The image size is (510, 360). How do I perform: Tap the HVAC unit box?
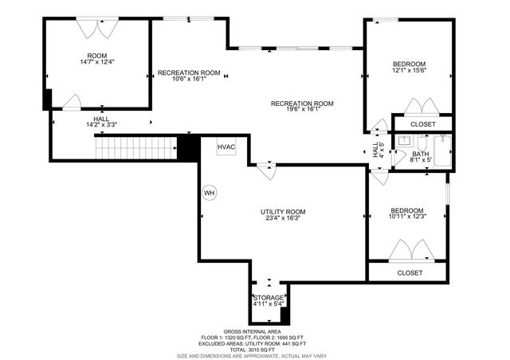(x=226, y=147)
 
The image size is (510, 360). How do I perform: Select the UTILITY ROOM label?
(x=283, y=212)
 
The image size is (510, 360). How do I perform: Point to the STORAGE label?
(x=268, y=297)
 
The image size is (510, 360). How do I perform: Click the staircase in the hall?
(x=135, y=147)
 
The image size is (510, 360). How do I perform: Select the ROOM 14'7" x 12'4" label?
(x=96, y=57)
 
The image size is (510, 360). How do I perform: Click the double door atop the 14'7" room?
(x=96, y=28)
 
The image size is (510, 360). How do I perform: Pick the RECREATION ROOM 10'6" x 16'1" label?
(x=189, y=76)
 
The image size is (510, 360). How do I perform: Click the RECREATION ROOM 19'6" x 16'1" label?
(x=302, y=108)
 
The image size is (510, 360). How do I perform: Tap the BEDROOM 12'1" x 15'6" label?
(x=409, y=68)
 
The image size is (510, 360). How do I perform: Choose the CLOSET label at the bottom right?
(x=409, y=272)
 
